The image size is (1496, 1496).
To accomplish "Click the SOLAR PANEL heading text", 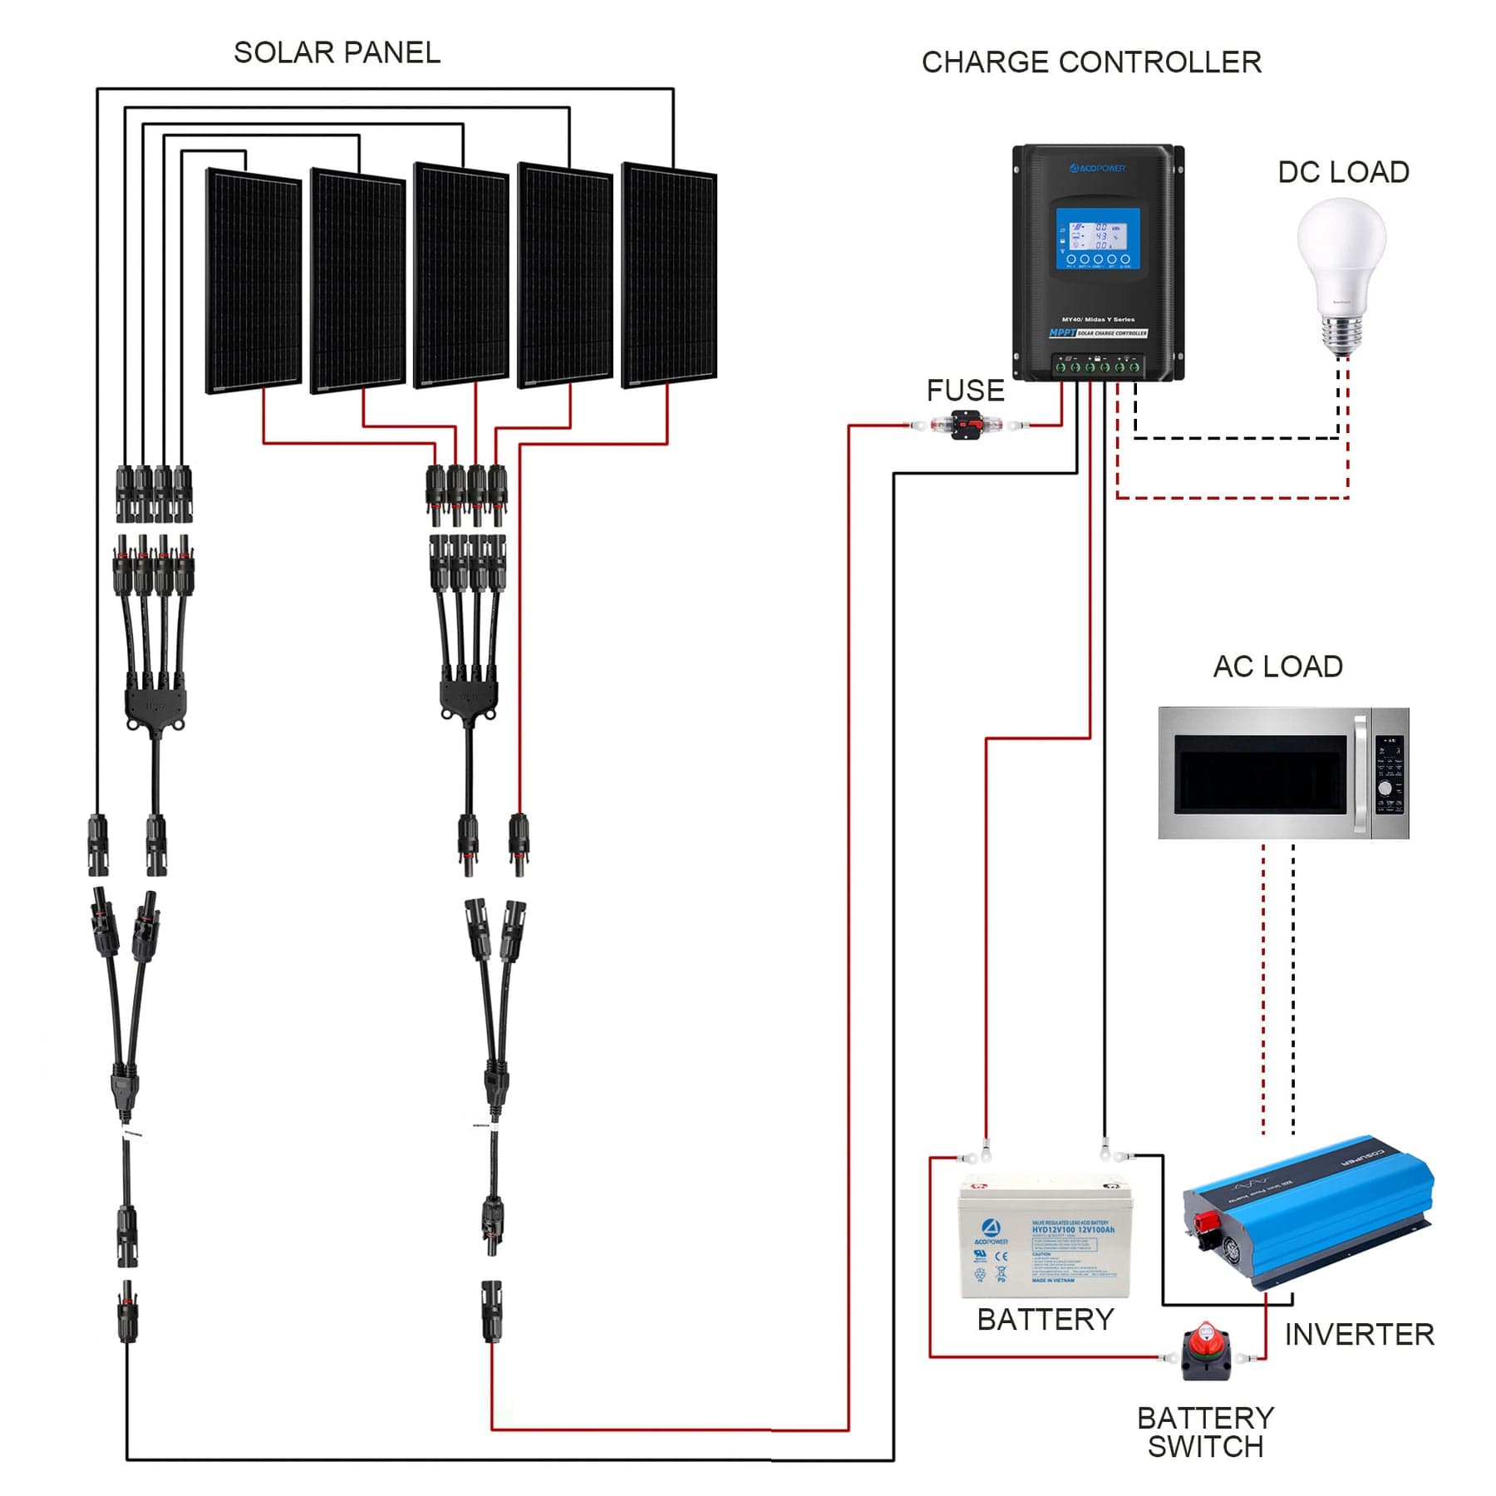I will point(337,52).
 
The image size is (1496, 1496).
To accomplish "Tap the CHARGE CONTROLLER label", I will point(1090,62).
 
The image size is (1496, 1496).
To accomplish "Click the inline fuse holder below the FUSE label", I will point(966,426).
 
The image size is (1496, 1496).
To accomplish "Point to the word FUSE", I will point(965,390).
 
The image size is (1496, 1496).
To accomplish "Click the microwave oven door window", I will point(1259,775).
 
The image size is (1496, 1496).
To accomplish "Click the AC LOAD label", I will point(1277,666).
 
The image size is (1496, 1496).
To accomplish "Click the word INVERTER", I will point(1359,1334).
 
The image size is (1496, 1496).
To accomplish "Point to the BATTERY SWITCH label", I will point(1205,1432).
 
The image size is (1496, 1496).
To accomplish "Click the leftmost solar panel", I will point(253,281).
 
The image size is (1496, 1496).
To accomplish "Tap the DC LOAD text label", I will point(1343,172).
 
